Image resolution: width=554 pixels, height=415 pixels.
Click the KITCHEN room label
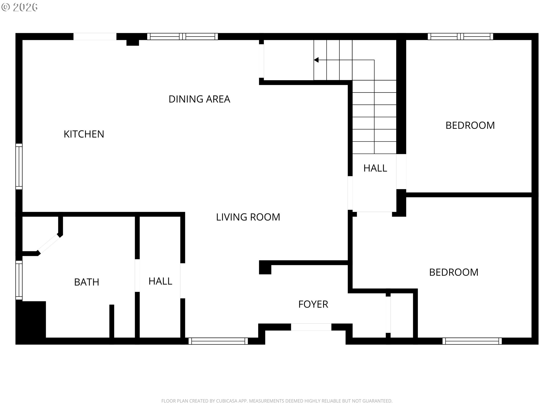pos(84,134)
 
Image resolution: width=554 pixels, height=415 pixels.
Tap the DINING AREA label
pos(199,99)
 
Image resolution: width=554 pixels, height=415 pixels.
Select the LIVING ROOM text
pos(248,217)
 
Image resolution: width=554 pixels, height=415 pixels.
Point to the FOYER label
pos(313,304)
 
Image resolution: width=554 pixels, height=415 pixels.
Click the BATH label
pos(87,282)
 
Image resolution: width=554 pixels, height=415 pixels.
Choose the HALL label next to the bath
pos(160,281)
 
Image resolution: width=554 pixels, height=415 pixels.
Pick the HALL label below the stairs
pos(375,168)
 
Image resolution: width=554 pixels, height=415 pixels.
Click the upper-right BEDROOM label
pos(470,125)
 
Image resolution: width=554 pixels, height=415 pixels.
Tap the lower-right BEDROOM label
pos(454,272)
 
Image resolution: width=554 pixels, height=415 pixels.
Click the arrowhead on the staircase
pos(316,60)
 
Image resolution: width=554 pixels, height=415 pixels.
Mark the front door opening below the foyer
pos(311,327)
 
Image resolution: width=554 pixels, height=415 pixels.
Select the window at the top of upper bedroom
pos(460,37)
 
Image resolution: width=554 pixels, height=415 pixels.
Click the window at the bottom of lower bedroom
pos(472,341)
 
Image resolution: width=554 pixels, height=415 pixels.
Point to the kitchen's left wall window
pos(19,167)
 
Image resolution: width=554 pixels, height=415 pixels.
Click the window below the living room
pos(218,341)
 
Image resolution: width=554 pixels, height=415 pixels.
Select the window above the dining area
pos(182,37)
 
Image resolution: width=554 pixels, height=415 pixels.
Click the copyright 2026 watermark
pos(19,7)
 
